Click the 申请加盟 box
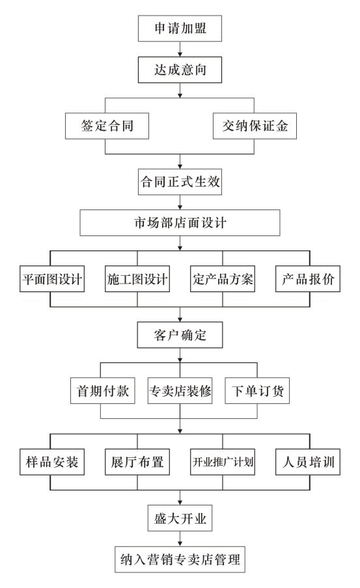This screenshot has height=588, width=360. [180, 29]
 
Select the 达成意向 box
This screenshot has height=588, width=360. [180, 70]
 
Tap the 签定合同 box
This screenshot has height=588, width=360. [107, 126]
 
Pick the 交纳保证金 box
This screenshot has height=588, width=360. [255, 126]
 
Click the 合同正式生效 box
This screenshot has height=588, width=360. [180, 182]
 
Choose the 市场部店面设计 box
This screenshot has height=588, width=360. [180, 222]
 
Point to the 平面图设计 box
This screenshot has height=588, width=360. [52, 278]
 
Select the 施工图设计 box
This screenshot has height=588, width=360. [137, 278]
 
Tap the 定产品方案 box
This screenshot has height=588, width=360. [223, 278]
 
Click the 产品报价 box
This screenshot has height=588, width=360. [308, 278]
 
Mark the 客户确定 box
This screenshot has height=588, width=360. [180, 334]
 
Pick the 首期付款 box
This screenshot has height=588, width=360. [102, 391]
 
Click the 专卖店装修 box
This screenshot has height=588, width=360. [180, 391]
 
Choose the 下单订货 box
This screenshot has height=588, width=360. [257, 391]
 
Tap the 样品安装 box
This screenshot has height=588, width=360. [52, 462]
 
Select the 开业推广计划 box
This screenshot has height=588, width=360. [223, 462]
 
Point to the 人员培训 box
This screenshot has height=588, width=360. [308, 462]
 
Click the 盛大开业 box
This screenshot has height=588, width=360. [180, 518]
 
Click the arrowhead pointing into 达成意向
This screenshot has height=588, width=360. [180, 55]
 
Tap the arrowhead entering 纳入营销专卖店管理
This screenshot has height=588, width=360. [180, 544]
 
